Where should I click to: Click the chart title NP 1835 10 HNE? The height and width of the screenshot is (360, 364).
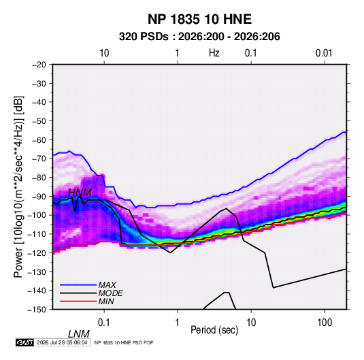199,19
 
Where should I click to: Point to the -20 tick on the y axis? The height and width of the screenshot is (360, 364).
39,65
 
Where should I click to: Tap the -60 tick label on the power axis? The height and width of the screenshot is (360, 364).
39,140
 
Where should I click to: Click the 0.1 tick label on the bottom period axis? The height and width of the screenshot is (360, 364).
103,323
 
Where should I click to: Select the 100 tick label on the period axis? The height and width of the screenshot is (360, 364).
325,323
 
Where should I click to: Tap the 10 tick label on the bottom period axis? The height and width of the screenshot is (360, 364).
251,323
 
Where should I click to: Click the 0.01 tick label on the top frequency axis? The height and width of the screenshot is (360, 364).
324,53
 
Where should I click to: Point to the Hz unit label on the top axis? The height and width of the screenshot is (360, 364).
214,53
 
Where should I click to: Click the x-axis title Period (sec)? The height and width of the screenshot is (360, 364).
214,330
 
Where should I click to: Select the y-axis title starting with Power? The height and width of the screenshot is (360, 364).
18,186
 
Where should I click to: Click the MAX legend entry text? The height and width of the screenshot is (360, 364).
107,285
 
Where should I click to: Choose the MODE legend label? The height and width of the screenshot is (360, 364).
110,293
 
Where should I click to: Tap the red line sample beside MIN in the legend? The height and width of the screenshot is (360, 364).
78,301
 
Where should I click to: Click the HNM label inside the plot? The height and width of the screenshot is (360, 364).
80,193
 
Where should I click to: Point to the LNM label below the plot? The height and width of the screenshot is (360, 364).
78,334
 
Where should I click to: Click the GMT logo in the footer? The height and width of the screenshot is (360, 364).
25,342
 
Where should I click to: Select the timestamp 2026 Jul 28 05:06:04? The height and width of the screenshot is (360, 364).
62,342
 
